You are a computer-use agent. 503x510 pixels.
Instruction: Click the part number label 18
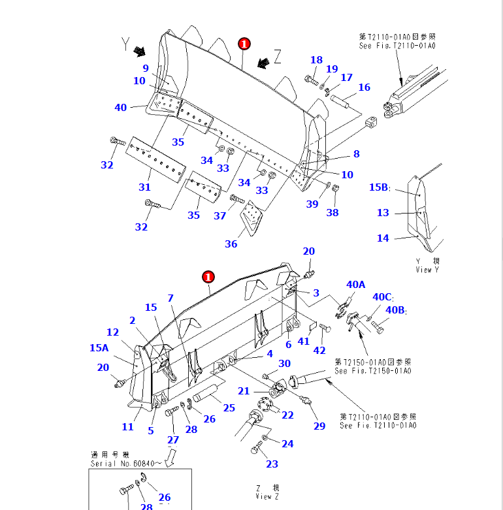(x=316, y=60)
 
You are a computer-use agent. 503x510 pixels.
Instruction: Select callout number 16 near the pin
(x=364, y=88)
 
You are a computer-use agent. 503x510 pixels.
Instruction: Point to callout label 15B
(x=379, y=187)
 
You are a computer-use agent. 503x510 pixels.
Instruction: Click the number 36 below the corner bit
(x=231, y=244)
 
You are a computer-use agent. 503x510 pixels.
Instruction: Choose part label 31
(x=144, y=187)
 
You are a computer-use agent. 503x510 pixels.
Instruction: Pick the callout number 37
(x=219, y=216)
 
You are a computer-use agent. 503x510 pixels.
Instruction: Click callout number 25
(x=229, y=408)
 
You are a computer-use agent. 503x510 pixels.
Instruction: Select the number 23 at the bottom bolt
(x=272, y=464)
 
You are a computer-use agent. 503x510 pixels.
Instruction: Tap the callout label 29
(x=319, y=426)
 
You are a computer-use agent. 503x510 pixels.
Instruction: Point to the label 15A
(x=99, y=348)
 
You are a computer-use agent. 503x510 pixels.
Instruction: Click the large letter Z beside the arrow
(x=278, y=58)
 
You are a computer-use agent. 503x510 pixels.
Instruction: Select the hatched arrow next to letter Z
(x=263, y=63)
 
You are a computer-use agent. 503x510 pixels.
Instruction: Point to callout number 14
(x=383, y=238)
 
